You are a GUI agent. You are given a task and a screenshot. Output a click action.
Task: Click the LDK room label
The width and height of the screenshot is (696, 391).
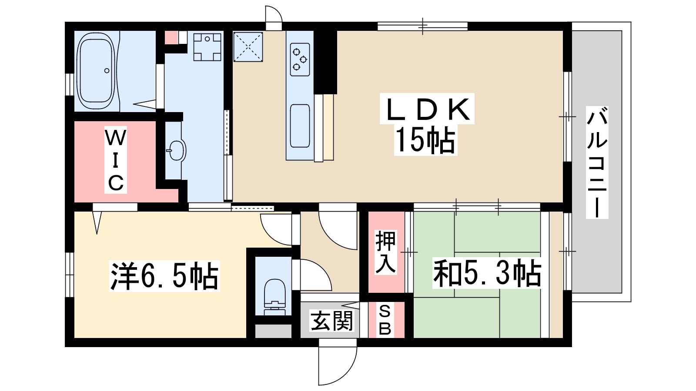pyautogui.click(x=427, y=109)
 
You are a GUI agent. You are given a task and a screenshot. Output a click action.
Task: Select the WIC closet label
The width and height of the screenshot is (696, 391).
pyautogui.click(x=116, y=160)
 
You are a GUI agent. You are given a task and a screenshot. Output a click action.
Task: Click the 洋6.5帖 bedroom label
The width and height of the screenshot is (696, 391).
pyautogui.click(x=164, y=276)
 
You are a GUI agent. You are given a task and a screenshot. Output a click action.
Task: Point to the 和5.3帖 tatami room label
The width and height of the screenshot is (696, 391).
pyautogui.click(x=487, y=274)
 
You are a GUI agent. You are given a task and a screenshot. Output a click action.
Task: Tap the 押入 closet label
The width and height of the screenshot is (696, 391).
pyautogui.click(x=385, y=252)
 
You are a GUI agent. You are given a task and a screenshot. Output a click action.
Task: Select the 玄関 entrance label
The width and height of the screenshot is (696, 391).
pyautogui.click(x=332, y=321)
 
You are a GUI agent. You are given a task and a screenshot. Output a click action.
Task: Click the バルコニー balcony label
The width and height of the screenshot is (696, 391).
pyautogui.click(x=597, y=162)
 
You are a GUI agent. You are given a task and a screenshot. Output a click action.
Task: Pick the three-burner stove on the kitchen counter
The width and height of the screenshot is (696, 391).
pyautogui.click(x=300, y=59)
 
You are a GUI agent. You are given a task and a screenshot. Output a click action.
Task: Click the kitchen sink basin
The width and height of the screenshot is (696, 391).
pyautogui.click(x=300, y=126)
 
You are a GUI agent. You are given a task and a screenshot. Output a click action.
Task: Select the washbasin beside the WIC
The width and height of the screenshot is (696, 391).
pyautogui.click(x=177, y=150)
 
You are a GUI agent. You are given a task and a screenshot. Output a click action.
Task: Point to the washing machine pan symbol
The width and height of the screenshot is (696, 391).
pyautogui.click(x=207, y=47)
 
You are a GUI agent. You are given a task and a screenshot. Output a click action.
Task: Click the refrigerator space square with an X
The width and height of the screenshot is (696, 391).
pyautogui.click(x=248, y=47)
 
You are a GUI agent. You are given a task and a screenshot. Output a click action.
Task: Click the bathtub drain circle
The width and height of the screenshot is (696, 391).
pyautogui.click(x=107, y=71)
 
